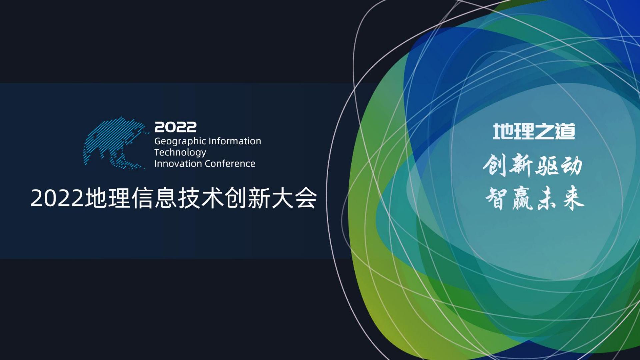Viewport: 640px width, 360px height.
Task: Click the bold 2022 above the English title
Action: (175, 127)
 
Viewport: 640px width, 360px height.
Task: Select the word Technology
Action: (180, 153)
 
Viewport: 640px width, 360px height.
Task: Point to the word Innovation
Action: (178, 164)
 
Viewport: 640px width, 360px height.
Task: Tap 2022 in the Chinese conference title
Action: (57, 199)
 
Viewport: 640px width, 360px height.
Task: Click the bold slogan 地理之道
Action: (534, 131)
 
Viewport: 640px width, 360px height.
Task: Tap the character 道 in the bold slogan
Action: (565, 131)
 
